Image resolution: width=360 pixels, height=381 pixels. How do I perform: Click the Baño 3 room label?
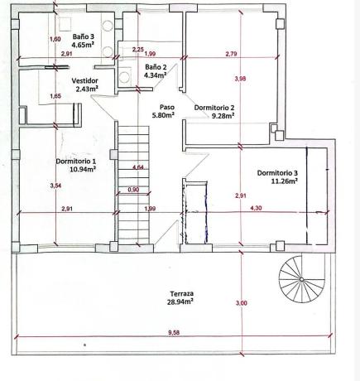coord(84,36)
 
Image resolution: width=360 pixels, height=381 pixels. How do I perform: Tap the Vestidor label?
coord(84,81)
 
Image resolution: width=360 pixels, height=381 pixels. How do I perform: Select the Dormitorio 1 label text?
coord(76,161)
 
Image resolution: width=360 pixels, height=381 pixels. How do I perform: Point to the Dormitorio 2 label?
coord(214,108)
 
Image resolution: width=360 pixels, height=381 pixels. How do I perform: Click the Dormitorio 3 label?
coord(277,173)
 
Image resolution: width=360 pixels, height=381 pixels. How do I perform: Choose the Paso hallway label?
coord(167,107)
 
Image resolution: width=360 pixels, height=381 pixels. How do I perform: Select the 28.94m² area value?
coord(180,301)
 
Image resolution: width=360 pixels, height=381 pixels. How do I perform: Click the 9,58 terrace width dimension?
coord(174,333)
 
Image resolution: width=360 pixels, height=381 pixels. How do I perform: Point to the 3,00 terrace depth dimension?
coord(242,303)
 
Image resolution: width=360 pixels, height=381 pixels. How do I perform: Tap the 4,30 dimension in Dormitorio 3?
coord(256,208)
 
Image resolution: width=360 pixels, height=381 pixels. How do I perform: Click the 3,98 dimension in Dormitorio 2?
coord(240,79)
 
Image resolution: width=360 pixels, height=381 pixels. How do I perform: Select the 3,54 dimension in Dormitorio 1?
coord(55,186)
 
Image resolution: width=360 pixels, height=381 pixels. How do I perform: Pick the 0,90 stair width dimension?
coord(133,190)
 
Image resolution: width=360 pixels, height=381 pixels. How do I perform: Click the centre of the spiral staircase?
coord(302,279)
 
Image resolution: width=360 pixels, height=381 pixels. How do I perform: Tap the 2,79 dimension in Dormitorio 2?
coord(231,54)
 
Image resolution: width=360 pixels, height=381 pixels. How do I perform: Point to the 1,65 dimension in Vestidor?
coord(55,96)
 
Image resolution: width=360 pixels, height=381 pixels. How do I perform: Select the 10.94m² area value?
coord(83,169)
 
